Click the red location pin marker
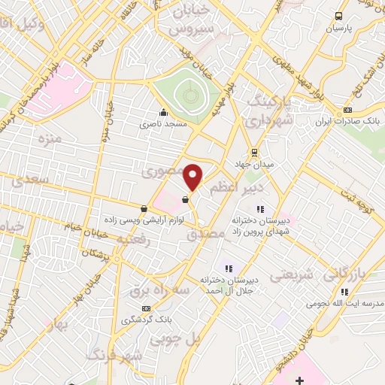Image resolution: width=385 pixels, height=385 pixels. pyautogui.click(x=194, y=177)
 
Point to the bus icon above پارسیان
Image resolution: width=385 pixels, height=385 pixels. pyautogui.click(x=338, y=15)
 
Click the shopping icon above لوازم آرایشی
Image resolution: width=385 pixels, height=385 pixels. pyautogui.click(x=144, y=208)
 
